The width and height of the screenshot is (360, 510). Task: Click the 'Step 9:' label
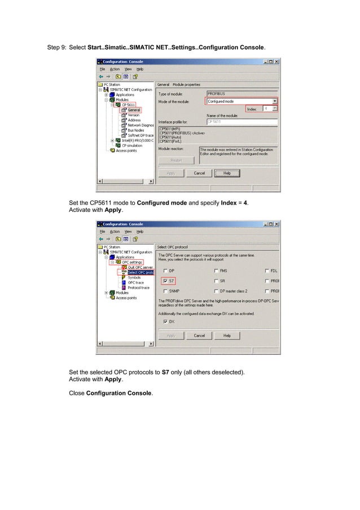pos(56,47)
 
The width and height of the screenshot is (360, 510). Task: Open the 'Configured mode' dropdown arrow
pos(274,101)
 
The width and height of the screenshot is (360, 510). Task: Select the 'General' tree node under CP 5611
pos(134,110)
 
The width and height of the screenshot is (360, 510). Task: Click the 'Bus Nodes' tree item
pos(135,130)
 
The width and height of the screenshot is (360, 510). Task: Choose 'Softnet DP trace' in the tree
pos(141,135)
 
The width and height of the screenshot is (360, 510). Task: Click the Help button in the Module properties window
pos(227,173)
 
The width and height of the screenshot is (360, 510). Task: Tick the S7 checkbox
pos(165,280)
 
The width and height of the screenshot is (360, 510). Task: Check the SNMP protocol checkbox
pos(165,291)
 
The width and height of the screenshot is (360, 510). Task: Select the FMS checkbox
pos(216,271)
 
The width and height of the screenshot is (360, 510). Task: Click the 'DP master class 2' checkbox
pos(216,291)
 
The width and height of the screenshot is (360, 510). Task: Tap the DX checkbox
pos(165,321)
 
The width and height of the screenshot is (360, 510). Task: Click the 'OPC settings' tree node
pos(132,262)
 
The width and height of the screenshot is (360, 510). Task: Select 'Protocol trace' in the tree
pos(138,287)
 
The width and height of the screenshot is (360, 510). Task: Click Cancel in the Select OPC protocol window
pos(199,335)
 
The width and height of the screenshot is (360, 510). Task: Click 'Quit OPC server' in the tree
pos(140,267)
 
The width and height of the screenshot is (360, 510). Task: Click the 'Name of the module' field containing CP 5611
pos(242,121)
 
